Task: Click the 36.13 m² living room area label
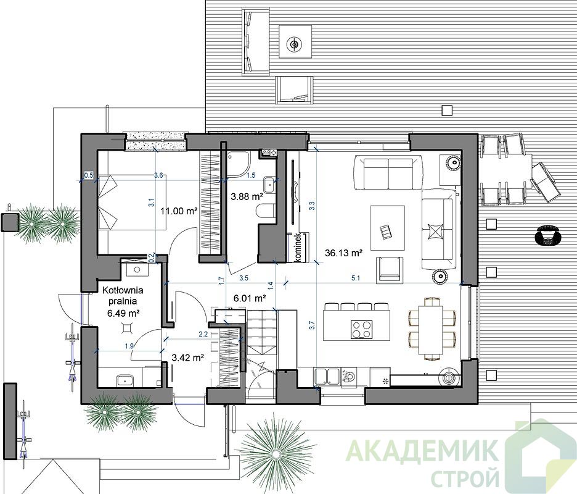[344, 253]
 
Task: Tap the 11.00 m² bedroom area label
[179, 211]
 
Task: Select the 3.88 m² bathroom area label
[247, 197]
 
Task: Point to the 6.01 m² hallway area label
[250, 298]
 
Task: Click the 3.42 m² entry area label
[188, 358]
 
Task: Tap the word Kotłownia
[123, 290]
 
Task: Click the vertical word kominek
[298, 248]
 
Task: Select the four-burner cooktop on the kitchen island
[361, 329]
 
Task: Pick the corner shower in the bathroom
[238, 162]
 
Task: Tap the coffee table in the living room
[388, 227]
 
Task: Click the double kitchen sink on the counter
[327, 377]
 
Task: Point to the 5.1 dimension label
[356, 278]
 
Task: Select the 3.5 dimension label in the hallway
[243, 278]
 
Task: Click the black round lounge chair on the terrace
[548, 235]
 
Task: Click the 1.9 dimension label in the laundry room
[129, 346]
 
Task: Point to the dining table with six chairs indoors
[432, 329]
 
